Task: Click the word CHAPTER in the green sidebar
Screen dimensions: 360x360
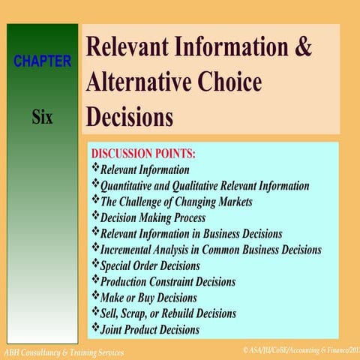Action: [42, 61]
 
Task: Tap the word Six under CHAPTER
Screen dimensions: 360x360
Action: [42, 118]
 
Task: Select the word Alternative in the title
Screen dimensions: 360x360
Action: [140, 82]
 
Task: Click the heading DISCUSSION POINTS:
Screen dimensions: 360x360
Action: [142, 154]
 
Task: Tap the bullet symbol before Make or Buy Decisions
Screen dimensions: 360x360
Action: [94, 296]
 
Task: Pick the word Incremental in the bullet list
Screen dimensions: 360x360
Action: [133, 250]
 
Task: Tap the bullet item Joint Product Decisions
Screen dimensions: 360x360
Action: [150, 329]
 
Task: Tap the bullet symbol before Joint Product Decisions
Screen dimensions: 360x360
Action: [94, 328]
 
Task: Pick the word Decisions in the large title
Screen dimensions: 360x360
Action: [130, 117]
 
